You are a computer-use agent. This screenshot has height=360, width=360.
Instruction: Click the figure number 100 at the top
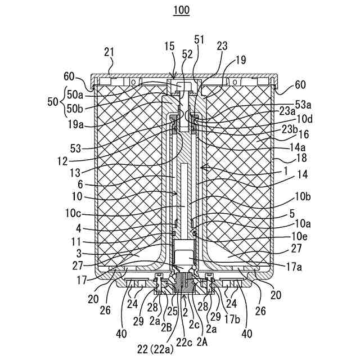click(x=181, y=10)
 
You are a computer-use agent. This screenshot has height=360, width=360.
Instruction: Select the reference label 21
click(x=109, y=52)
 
